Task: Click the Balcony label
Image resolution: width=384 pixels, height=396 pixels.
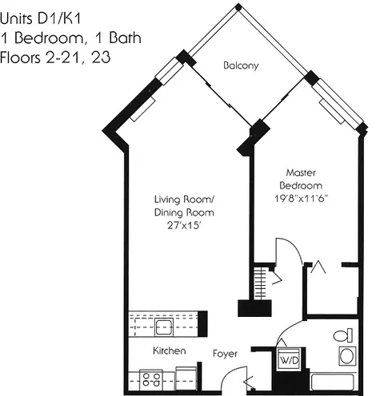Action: [x=241, y=65]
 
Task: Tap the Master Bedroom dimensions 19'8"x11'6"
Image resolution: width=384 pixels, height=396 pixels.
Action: [x=301, y=199]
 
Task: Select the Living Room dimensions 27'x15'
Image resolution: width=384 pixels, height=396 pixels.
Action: [x=184, y=225]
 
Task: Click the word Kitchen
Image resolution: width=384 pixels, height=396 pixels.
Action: [x=170, y=350]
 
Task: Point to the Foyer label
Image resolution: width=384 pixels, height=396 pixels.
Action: [x=225, y=354]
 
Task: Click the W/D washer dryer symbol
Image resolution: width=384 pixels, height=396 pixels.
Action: [x=290, y=359]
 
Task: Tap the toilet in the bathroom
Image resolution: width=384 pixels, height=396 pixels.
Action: [x=343, y=335]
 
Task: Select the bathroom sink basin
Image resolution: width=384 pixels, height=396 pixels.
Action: [x=347, y=356]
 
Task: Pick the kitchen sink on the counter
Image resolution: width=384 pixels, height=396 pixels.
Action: [x=164, y=327]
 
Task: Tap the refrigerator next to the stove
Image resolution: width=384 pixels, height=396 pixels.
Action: [x=186, y=378]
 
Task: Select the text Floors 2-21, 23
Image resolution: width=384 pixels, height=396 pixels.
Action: [x=55, y=57]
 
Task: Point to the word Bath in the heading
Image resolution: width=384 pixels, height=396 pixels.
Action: [x=125, y=38]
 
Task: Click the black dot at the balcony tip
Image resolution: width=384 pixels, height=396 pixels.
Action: [x=238, y=7]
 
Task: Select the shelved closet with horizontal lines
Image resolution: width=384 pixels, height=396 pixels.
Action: [x=261, y=283]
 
